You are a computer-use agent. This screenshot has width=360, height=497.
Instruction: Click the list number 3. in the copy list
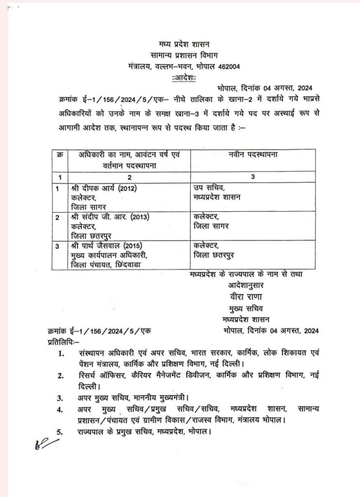[60, 398]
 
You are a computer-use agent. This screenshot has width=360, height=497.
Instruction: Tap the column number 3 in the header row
[253, 177]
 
